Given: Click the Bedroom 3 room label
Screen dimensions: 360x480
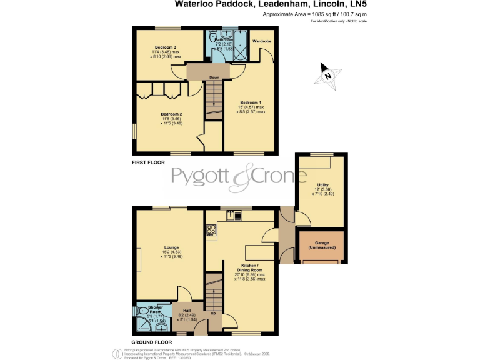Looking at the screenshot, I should [166, 47].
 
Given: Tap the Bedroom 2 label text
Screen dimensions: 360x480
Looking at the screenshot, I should [171, 114].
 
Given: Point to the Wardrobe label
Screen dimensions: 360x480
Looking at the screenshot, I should [261, 41].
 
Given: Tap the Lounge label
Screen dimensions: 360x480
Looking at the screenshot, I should [171, 247].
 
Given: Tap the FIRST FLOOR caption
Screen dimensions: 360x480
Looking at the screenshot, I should [148, 162].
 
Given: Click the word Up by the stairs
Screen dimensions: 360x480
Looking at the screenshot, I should [213, 312].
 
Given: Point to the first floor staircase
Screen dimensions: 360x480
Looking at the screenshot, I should [214, 100].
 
